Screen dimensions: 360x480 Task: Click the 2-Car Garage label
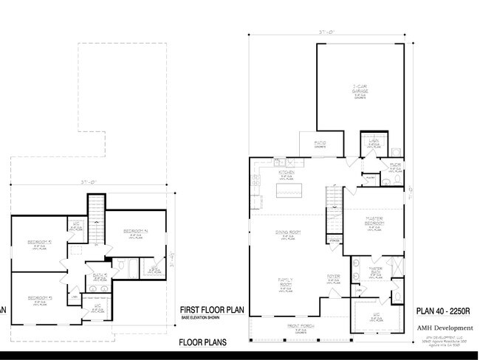click(x=360, y=89)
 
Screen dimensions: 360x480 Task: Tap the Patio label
click(x=320, y=143)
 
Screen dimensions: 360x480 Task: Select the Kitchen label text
click(x=286, y=173)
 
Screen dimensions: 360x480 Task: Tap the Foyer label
click(x=333, y=277)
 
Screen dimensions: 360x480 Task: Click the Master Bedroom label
click(x=377, y=221)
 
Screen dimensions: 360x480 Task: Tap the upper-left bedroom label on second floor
click(x=38, y=243)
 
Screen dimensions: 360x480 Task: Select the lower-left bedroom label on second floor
click(x=38, y=298)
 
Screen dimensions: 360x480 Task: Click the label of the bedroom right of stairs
click(x=135, y=232)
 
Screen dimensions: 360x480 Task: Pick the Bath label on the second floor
click(x=100, y=276)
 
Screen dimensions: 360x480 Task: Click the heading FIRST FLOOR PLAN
click(x=211, y=310)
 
